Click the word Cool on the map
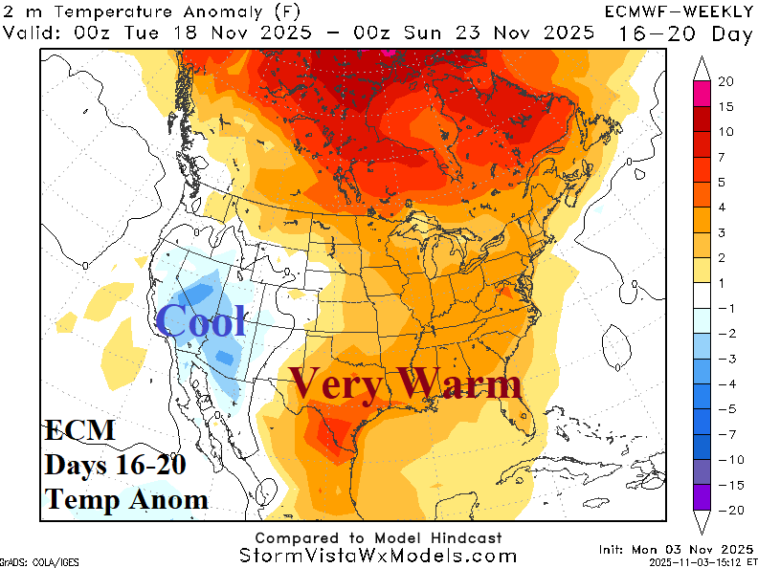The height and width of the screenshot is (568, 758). [x=201, y=321]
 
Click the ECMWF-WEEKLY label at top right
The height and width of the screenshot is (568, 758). [x=677, y=11]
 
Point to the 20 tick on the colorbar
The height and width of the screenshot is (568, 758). [x=726, y=81]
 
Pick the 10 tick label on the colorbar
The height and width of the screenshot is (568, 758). [x=726, y=131]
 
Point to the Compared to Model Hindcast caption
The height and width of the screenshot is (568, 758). [x=378, y=538]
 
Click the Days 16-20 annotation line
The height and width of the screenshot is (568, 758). [x=115, y=465]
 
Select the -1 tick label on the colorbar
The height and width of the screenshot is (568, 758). [x=725, y=308]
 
